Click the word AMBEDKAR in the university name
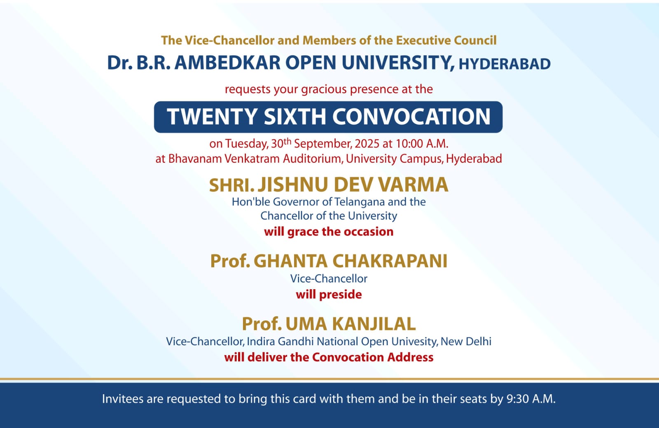[227, 63]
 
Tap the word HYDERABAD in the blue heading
[505, 64]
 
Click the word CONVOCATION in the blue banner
[411, 117]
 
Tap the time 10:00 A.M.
[422, 144]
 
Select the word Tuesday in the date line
[246, 144]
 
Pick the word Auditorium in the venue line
[313, 159]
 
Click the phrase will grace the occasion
[329, 232]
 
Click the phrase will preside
[329, 295]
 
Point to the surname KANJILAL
[351, 324]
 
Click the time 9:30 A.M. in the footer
[531, 399]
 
